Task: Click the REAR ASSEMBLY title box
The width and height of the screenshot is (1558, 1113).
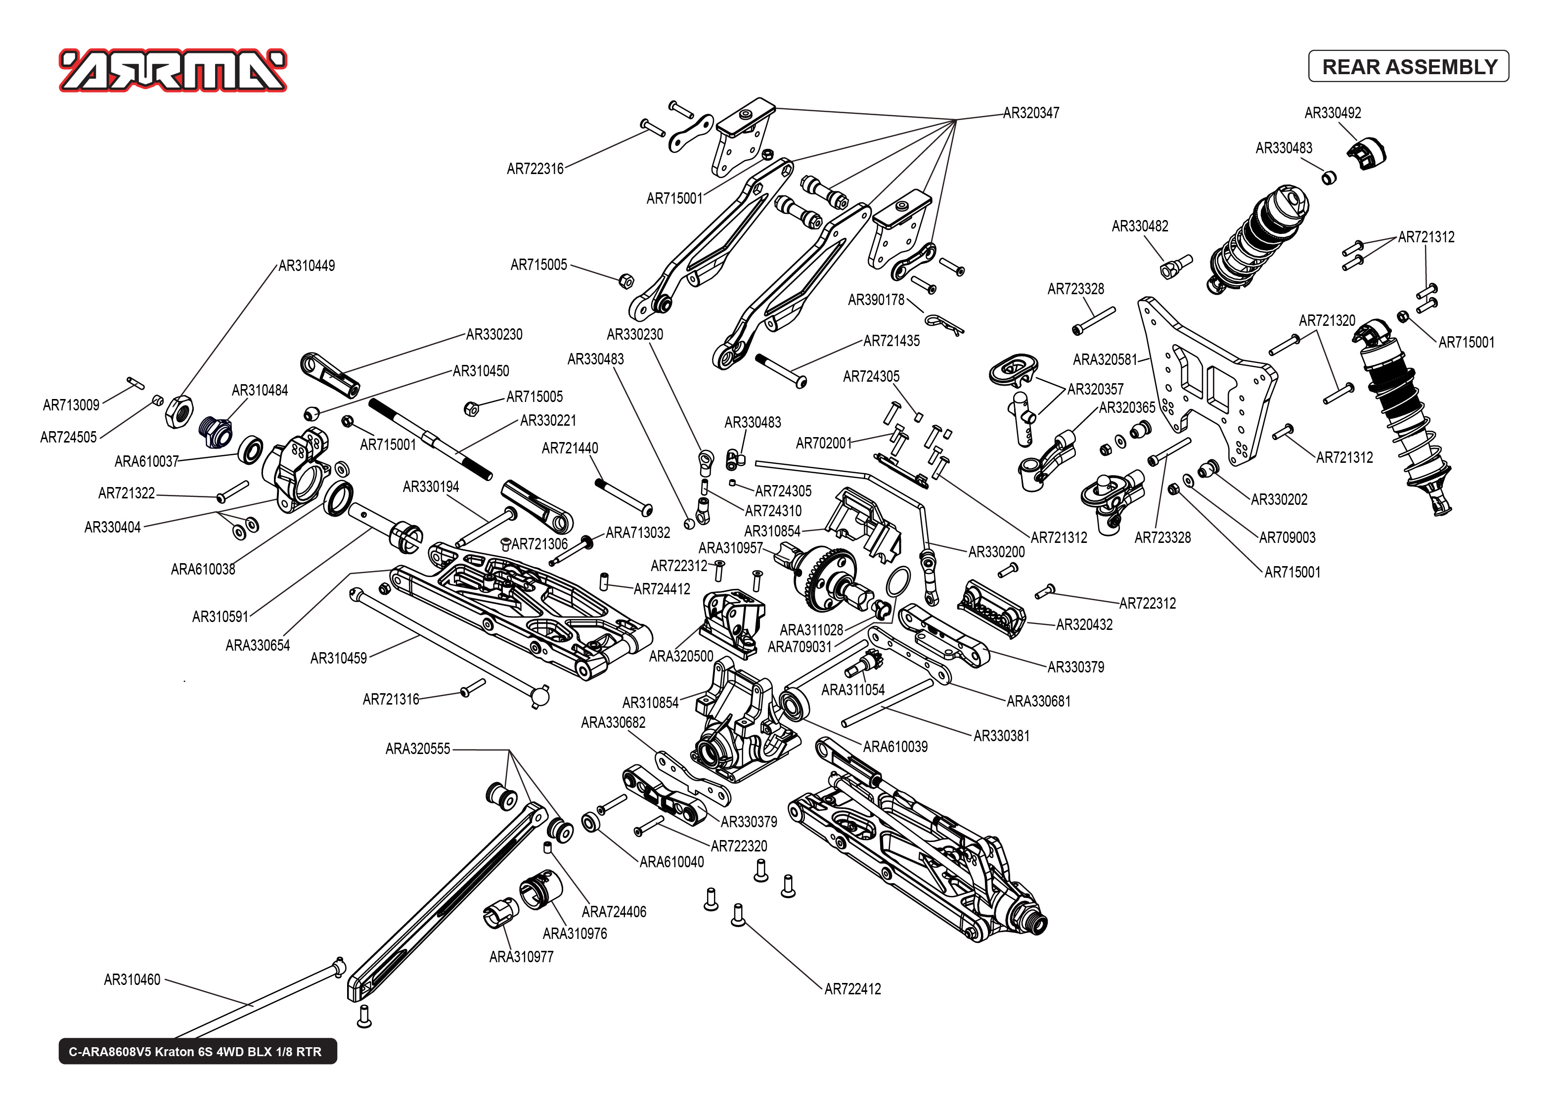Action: (x=1408, y=66)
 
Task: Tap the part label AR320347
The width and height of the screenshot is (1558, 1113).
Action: (x=1030, y=113)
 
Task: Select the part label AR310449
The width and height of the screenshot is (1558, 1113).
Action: (x=306, y=266)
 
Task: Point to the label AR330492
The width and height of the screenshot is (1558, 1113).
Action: (x=1332, y=113)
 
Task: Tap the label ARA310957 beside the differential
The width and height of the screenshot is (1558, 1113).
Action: (x=730, y=548)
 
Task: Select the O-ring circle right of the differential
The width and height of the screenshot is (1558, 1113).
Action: (x=898, y=582)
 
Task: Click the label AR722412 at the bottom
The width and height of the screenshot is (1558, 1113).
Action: (x=852, y=989)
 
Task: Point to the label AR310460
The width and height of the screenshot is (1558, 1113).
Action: (x=132, y=980)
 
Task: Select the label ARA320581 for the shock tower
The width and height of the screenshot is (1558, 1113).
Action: (x=1105, y=360)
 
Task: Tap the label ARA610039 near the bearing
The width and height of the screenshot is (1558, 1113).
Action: (x=895, y=747)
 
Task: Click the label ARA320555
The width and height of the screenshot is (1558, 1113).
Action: (x=417, y=749)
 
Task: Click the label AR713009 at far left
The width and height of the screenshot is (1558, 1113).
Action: (x=71, y=405)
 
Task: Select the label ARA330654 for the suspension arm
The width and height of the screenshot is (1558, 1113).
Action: (x=258, y=646)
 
